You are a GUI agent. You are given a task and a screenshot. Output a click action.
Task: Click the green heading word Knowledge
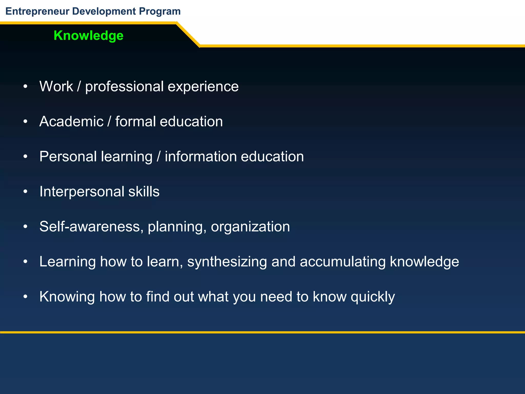(88, 35)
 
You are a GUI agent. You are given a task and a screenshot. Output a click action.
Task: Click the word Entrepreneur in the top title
(37, 11)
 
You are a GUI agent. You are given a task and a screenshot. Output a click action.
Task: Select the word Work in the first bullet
(56, 86)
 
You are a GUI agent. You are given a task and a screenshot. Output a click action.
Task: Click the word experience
(203, 86)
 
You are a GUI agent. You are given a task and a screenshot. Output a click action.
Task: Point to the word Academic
(71, 121)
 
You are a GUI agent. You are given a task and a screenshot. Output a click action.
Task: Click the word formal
(135, 121)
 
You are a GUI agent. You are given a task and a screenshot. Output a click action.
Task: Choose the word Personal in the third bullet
(68, 156)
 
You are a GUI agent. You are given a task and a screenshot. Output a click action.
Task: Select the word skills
(144, 192)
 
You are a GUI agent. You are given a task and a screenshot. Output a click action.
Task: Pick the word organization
(250, 226)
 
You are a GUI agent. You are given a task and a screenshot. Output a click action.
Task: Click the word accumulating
(342, 262)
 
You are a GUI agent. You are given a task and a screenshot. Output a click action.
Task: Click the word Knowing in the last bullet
(67, 297)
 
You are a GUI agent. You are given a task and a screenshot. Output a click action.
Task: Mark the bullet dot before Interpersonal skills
(25, 192)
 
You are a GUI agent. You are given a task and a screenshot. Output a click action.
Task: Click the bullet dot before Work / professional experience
(25, 87)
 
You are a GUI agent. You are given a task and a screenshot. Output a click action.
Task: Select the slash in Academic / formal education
(109, 121)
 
